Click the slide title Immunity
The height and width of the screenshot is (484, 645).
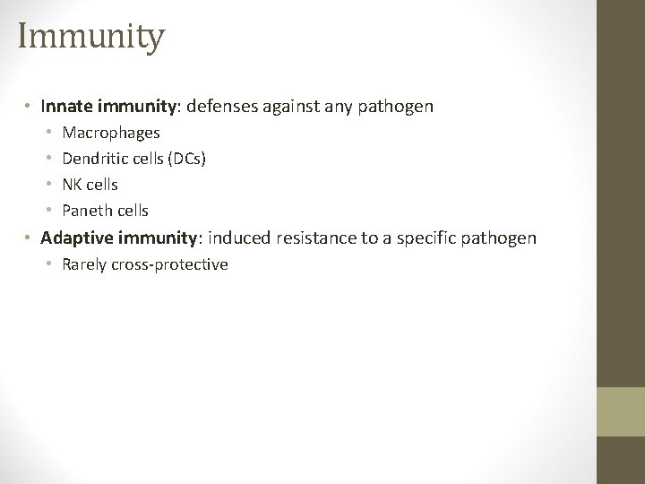click(90, 38)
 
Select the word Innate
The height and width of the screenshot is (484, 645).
click(64, 107)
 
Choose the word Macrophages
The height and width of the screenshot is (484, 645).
click(111, 133)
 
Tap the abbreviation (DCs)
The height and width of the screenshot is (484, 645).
click(186, 159)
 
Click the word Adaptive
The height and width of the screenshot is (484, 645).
click(73, 238)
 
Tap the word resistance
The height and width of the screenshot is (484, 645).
click(307, 238)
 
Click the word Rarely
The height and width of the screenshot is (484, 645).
click(86, 264)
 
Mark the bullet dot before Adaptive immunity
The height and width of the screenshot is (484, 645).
click(29, 238)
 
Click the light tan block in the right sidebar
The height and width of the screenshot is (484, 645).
click(621, 412)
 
